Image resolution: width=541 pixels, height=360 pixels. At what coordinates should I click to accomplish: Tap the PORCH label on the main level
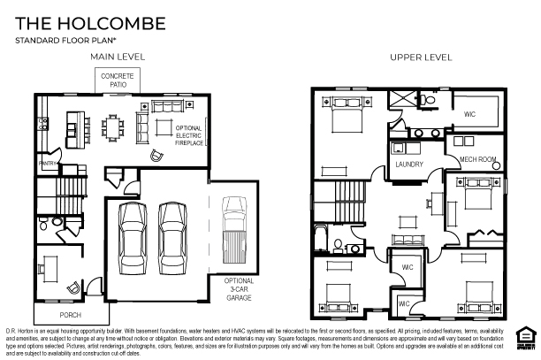71,314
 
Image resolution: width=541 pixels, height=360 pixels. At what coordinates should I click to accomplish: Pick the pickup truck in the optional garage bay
233,226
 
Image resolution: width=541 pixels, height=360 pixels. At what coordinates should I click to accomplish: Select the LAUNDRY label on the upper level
409,165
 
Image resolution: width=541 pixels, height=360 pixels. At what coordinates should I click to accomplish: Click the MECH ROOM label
476,159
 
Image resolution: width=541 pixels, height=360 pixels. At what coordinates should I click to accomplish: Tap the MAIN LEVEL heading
118,57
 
